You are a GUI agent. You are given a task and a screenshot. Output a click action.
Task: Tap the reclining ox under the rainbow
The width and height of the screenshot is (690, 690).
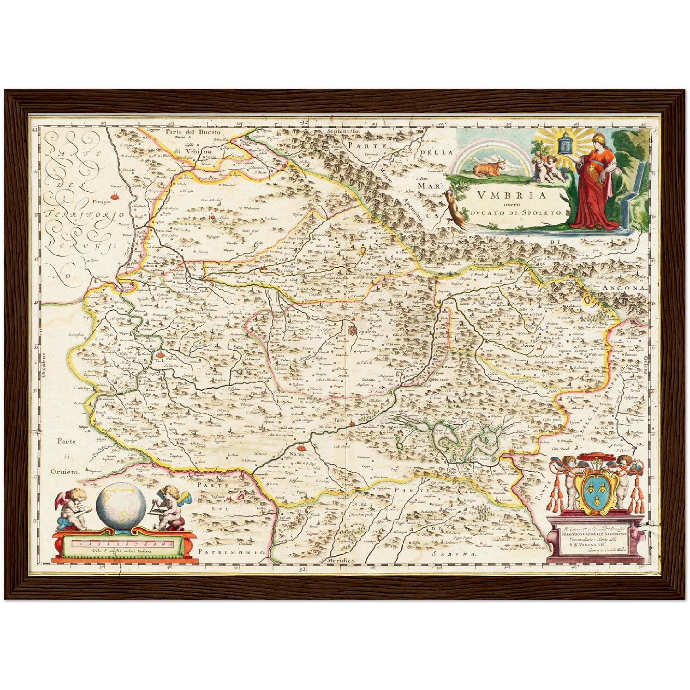point(487,168)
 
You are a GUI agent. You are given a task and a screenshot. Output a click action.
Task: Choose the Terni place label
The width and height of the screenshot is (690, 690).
point(339,420)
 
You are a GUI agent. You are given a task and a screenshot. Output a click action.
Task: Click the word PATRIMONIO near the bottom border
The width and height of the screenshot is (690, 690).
point(231,552)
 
